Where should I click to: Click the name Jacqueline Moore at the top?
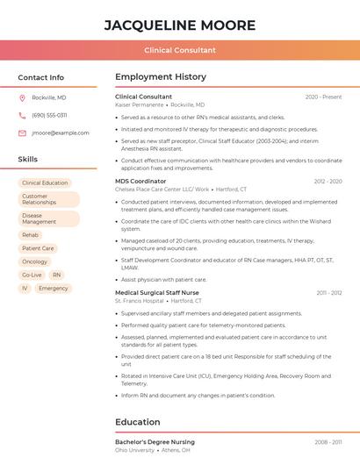[180, 25]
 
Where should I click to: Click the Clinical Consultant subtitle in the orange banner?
[180, 51]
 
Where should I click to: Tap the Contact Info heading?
[41, 77]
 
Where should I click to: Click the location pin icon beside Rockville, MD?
[22, 97]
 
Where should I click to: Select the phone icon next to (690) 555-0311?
[22, 115]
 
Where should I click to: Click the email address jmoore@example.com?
[61, 132]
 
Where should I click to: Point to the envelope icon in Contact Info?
[22, 132]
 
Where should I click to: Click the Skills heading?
[28, 160]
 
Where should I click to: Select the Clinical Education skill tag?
[45, 183]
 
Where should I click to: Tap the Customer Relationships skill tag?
[48, 199]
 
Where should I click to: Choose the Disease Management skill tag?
[48, 218]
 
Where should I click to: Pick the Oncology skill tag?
[35, 261]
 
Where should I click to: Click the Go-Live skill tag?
[32, 275]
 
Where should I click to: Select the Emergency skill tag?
[54, 288]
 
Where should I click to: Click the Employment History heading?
[161, 77]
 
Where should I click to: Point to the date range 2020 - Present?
[323, 97]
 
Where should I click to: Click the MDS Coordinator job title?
[140, 181]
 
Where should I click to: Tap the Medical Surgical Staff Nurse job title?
[157, 292]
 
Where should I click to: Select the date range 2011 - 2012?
[329, 292]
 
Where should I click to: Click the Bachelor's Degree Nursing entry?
[155, 441]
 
